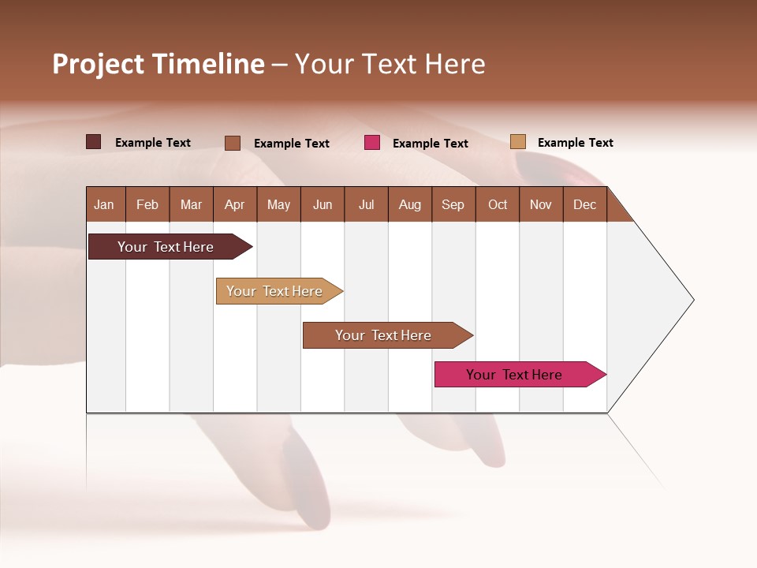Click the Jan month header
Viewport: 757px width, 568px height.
(x=104, y=204)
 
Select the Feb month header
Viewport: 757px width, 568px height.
(x=147, y=204)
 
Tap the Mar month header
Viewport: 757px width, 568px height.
(x=191, y=204)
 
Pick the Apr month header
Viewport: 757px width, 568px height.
(x=235, y=204)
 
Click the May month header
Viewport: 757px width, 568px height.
(x=278, y=204)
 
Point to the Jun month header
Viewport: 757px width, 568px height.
(x=323, y=204)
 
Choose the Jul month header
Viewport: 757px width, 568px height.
(x=366, y=204)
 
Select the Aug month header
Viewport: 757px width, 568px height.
(x=410, y=204)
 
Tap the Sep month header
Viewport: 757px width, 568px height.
(x=453, y=204)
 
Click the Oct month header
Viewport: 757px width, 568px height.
(x=498, y=204)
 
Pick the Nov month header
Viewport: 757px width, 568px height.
(x=541, y=204)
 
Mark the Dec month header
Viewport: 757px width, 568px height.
(x=585, y=204)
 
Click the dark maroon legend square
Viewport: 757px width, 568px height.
(x=94, y=142)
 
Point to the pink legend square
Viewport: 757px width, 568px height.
(x=372, y=143)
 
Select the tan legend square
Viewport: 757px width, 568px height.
(x=518, y=142)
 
